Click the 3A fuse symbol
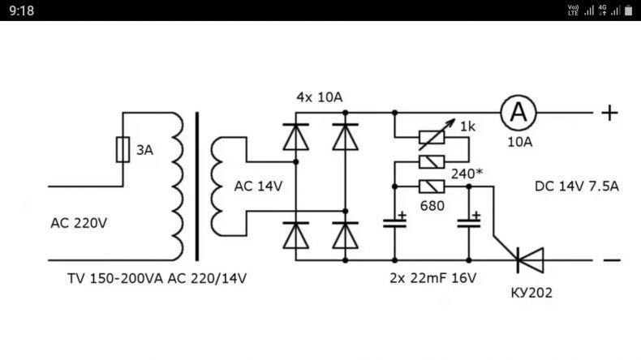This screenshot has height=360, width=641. pyautogui.click(x=123, y=149)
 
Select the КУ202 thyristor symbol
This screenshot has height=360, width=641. pyautogui.click(x=530, y=260)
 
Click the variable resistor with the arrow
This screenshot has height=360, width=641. pyautogui.click(x=432, y=137)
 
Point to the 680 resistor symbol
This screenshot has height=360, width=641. pyautogui.click(x=432, y=186)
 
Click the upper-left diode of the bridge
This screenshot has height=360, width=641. pyautogui.click(x=296, y=137)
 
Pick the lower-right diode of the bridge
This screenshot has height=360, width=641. pyautogui.click(x=346, y=235)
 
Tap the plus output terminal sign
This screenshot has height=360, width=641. pyautogui.click(x=609, y=113)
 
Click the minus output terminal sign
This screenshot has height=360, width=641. pyautogui.click(x=612, y=260)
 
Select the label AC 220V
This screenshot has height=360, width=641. pyautogui.click(x=79, y=223)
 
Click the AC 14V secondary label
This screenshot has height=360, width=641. pyautogui.click(x=258, y=186)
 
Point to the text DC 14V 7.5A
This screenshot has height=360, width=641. pyautogui.click(x=576, y=186)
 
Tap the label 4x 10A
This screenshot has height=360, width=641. pyautogui.click(x=319, y=97)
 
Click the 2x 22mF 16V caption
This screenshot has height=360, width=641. pyautogui.click(x=433, y=278)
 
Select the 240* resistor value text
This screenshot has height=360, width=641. pyautogui.click(x=467, y=174)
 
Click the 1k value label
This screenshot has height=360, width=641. pyautogui.click(x=467, y=126)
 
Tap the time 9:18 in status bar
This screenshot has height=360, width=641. pyautogui.click(x=21, y=11)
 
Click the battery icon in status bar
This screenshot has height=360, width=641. pyautogui.click(x=628, y=11)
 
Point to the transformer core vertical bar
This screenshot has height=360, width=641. pyautogui.click(x=197, y=186)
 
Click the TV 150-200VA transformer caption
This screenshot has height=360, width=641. pyautogui.click(x=157, y=278)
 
